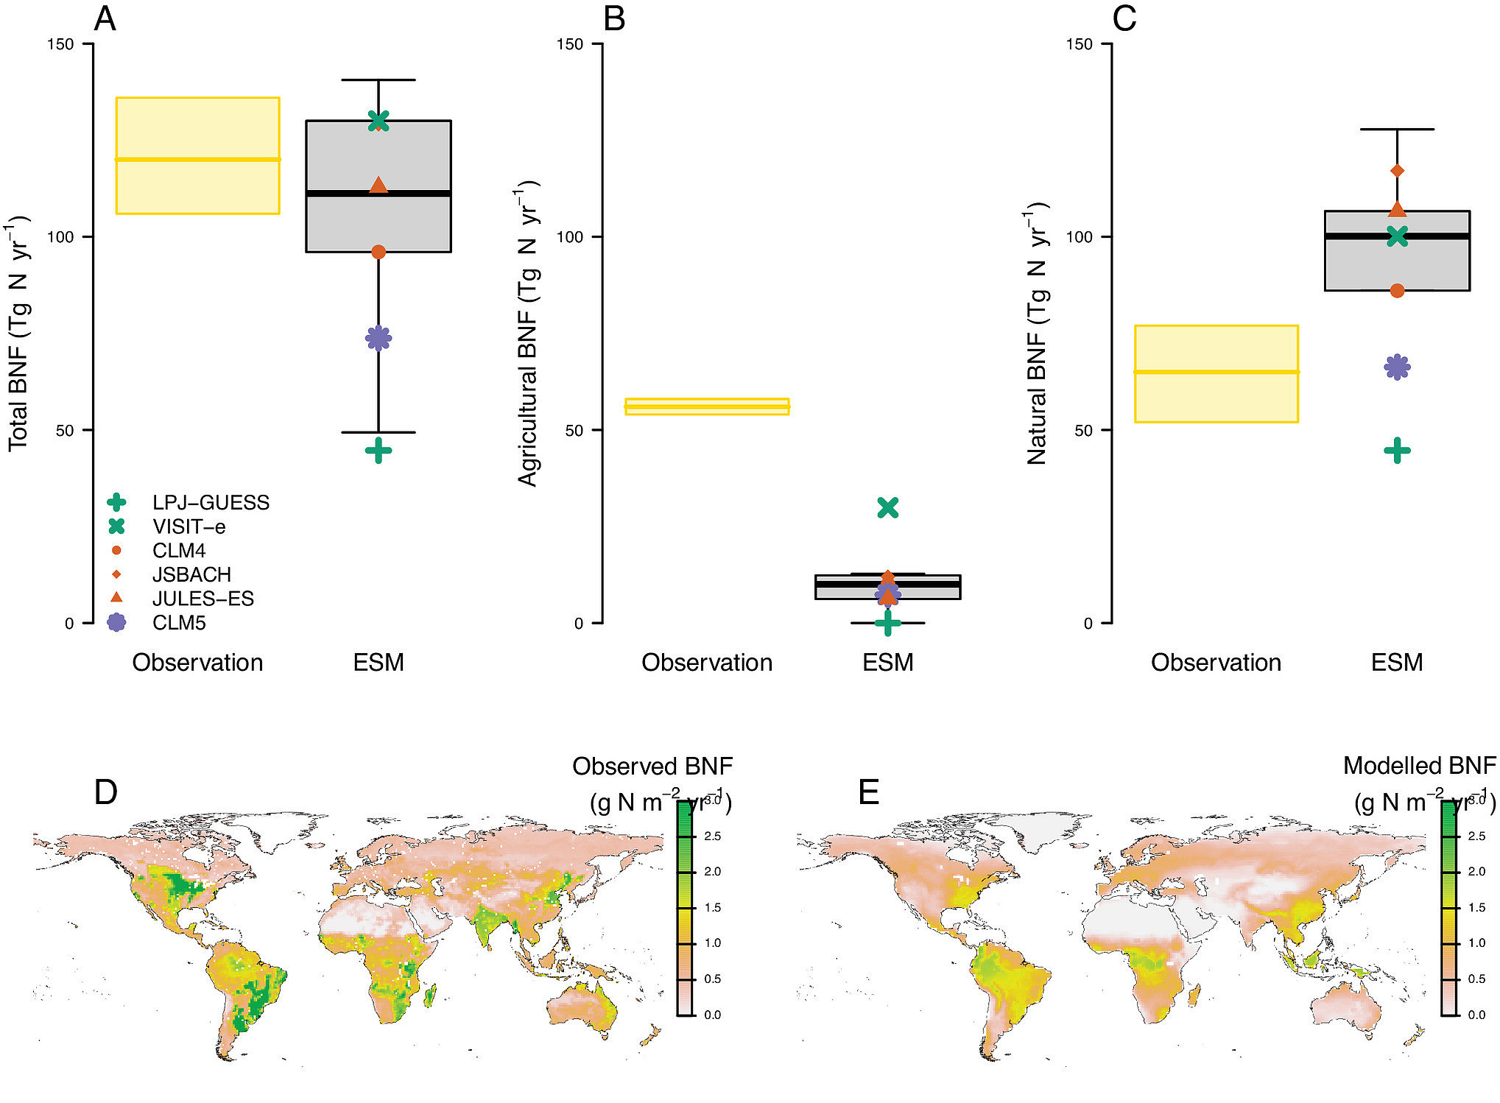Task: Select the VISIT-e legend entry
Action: click(x=189, y=527)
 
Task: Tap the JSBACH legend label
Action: click(x=191, y=575)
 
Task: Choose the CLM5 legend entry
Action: click(x=179, y=623)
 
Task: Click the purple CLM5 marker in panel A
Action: click(x=378, y=339)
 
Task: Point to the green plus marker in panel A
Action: click(x=378, y=451)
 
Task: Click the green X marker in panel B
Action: click(x=888, y=507)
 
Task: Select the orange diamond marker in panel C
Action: click(x=1397, y=171)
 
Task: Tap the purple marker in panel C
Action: click(x=1397, y=367)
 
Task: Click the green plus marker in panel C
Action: click(x=1397, y=451)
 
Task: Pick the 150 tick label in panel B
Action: click(x=569, y=44)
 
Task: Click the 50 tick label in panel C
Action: click(x=1083, y=431)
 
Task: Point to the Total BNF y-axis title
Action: click(x=18, y=334)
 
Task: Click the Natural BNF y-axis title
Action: click(x=1037, y=334)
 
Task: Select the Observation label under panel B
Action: click(x=707, y=663)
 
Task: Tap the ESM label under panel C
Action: click(x=1397, y=663)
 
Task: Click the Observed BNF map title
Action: click(x=652, y=767)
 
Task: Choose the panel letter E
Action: click(x=869, y=793)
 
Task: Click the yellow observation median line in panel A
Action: click(x=197, y=159)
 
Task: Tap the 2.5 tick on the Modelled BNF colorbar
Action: click(x=1476, y=836)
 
